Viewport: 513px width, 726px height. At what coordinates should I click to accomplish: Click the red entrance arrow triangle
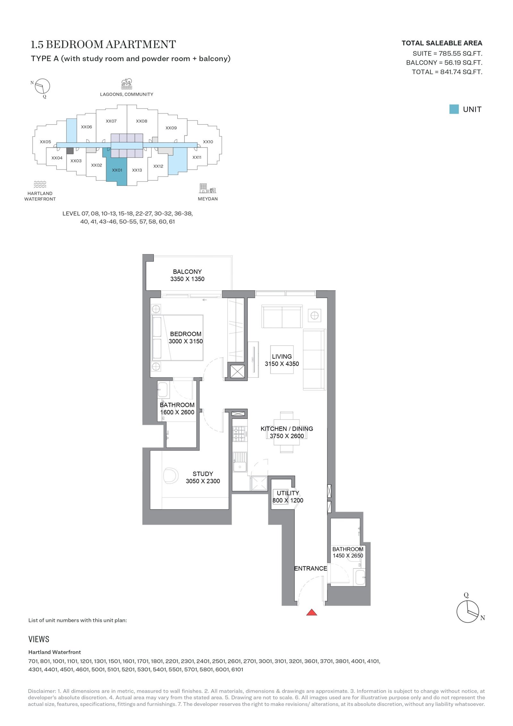click(311, 612)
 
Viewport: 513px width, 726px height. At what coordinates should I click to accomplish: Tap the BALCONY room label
click(187, 272)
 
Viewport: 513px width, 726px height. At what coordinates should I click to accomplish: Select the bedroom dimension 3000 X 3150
click(186, 341)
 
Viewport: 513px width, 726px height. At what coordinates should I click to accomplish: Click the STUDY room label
click(203, 474)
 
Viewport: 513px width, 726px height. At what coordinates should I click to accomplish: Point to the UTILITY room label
click(288, 493)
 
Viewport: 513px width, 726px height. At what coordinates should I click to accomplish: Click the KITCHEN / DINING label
click(287, 428)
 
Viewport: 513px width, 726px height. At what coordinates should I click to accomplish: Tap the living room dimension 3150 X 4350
click(282, 364)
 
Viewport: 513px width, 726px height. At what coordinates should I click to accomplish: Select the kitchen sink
click(240, 462)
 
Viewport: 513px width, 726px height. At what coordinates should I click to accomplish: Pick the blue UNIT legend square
click(454, 109)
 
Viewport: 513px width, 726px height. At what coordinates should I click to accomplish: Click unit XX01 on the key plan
click(117, 170)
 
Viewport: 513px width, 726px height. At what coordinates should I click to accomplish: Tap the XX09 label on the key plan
click(171, 128)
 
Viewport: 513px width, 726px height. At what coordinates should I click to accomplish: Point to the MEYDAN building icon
click(208, 188)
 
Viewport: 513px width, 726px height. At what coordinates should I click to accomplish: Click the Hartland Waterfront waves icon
click(40, 184)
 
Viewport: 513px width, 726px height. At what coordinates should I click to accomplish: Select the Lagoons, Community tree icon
click(127, 84)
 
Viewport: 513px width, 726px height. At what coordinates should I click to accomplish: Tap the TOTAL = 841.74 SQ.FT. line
click(447, 72)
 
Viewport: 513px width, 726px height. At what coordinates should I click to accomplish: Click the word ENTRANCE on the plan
click(310, 568)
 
